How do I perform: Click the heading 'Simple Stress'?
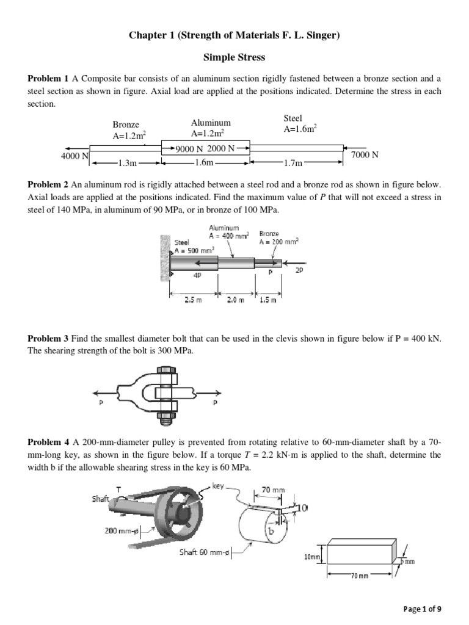(x=234, y=57)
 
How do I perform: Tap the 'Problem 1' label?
(x=48, y=79)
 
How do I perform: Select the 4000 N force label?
(x=75, y=156)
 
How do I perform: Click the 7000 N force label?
(x=365, y=155)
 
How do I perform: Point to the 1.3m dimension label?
(x=128, y=164)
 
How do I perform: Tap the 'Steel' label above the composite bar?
(x=293, y=118)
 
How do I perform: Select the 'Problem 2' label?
(x=48, y=184)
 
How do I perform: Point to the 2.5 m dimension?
(x=193, y=300)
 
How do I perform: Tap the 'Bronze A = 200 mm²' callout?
(x=278, y=237)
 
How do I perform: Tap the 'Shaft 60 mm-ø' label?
(x=203, y=552)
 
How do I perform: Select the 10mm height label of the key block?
(x=312, y=557)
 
